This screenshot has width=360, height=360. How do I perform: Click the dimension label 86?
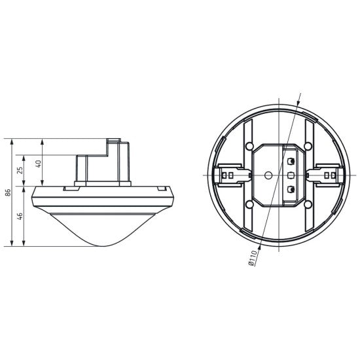point(9,192)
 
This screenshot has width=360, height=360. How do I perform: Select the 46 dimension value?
point(20,216)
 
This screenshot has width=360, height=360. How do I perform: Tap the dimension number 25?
point(20,170)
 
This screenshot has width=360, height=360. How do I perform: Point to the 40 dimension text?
point(39,164)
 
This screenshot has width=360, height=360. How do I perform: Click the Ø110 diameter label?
point(253,259)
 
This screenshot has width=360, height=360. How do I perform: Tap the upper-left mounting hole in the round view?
point(249,145)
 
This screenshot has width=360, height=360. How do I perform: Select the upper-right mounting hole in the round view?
point(308,145)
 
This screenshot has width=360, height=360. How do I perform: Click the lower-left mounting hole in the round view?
point(249,204)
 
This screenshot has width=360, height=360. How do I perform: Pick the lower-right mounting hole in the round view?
point(308,204)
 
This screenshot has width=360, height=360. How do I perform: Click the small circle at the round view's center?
point(268,175)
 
